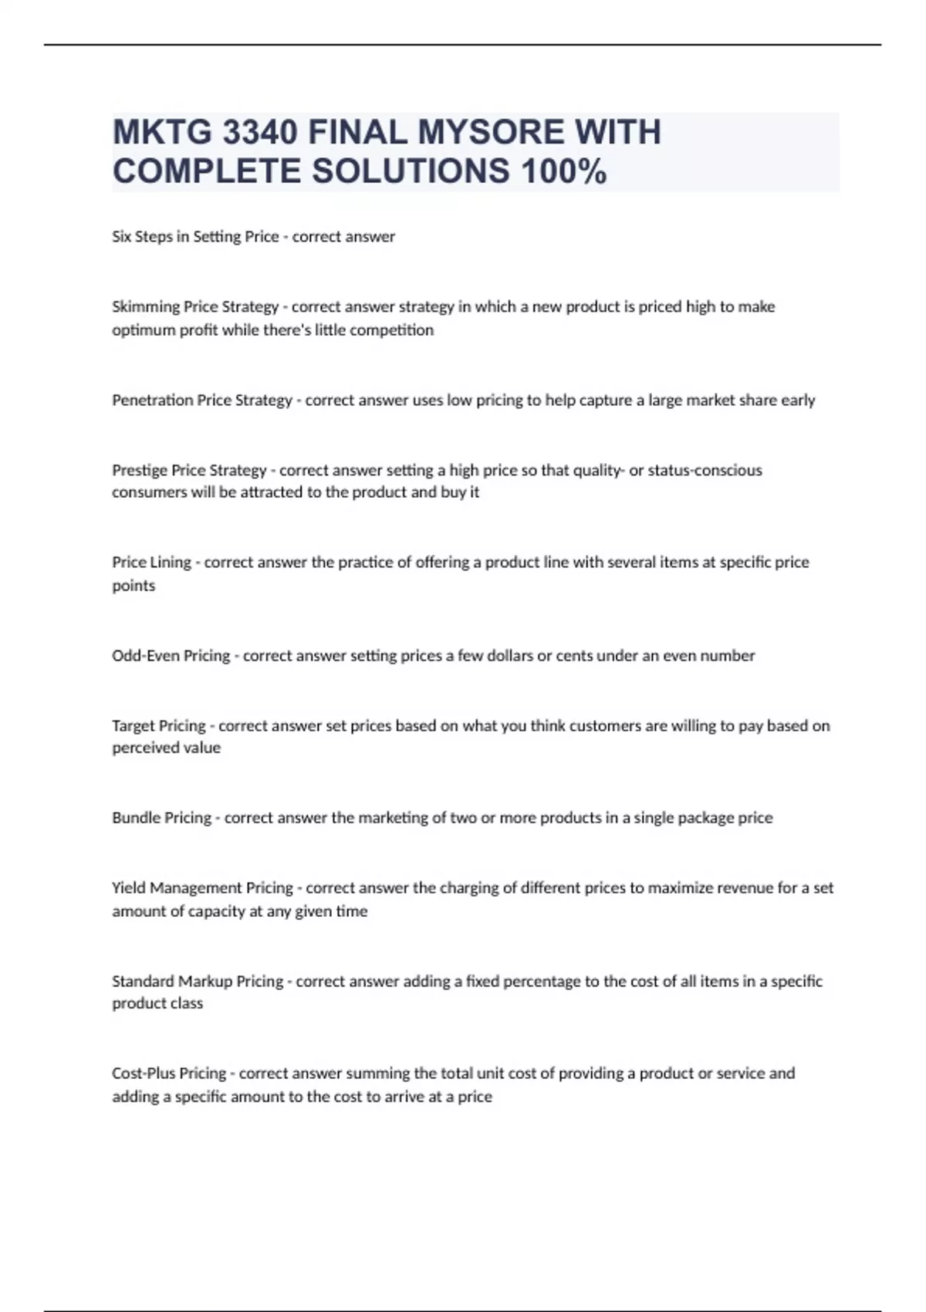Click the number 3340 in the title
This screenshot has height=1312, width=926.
pyautogui.click(x=259, y=133)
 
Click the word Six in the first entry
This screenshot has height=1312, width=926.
pyautogui.click(x=121, y=237)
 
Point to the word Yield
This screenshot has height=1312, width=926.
pyautogui.click(x=128, y=888)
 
